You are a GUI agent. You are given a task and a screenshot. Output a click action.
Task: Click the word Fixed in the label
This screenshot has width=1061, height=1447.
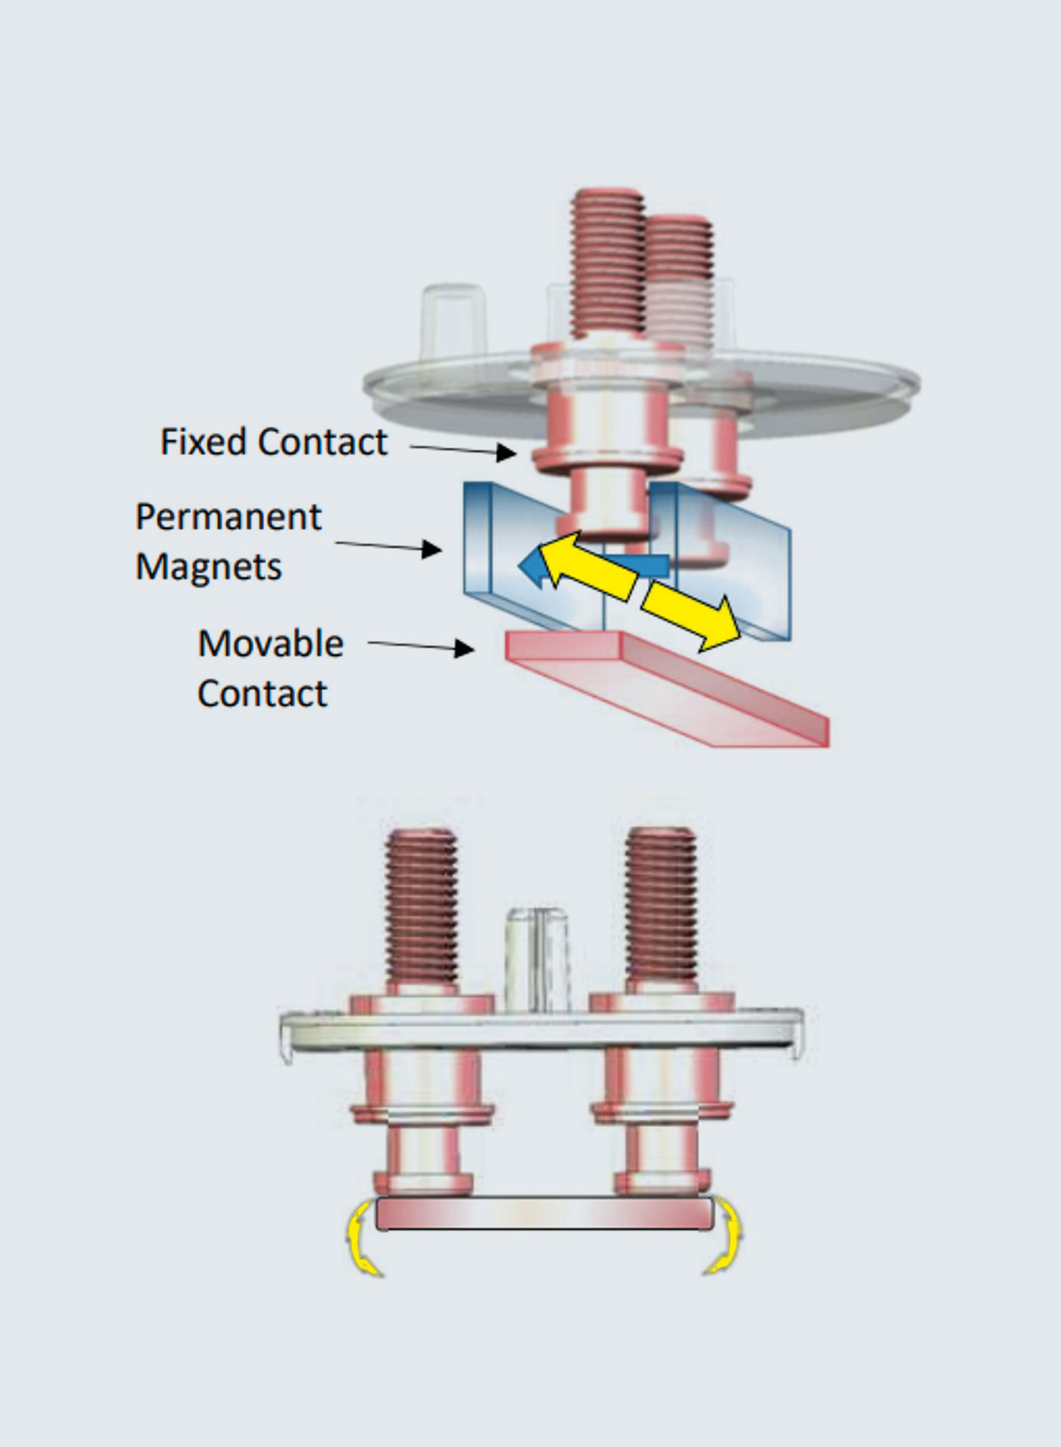tap(204, 442)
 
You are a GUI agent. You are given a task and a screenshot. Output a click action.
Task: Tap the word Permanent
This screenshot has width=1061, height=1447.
tap(228, 517)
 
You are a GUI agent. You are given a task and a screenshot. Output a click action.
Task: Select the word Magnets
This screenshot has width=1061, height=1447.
tap(208, 567)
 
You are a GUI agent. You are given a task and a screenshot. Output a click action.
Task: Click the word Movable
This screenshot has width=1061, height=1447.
tap(270, 644)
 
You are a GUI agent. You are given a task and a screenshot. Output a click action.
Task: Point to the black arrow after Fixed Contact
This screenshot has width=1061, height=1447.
tap(463, 449)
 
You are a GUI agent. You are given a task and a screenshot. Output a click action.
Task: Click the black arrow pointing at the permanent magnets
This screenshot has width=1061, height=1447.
tap(389, 546)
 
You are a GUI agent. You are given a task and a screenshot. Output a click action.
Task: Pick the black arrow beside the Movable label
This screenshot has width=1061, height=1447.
tap(422, 646)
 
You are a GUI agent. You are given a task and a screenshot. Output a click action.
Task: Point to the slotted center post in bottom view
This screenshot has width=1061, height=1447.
tap(538, 959)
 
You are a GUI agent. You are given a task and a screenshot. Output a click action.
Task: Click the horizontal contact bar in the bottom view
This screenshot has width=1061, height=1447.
tap(544, 1214)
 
